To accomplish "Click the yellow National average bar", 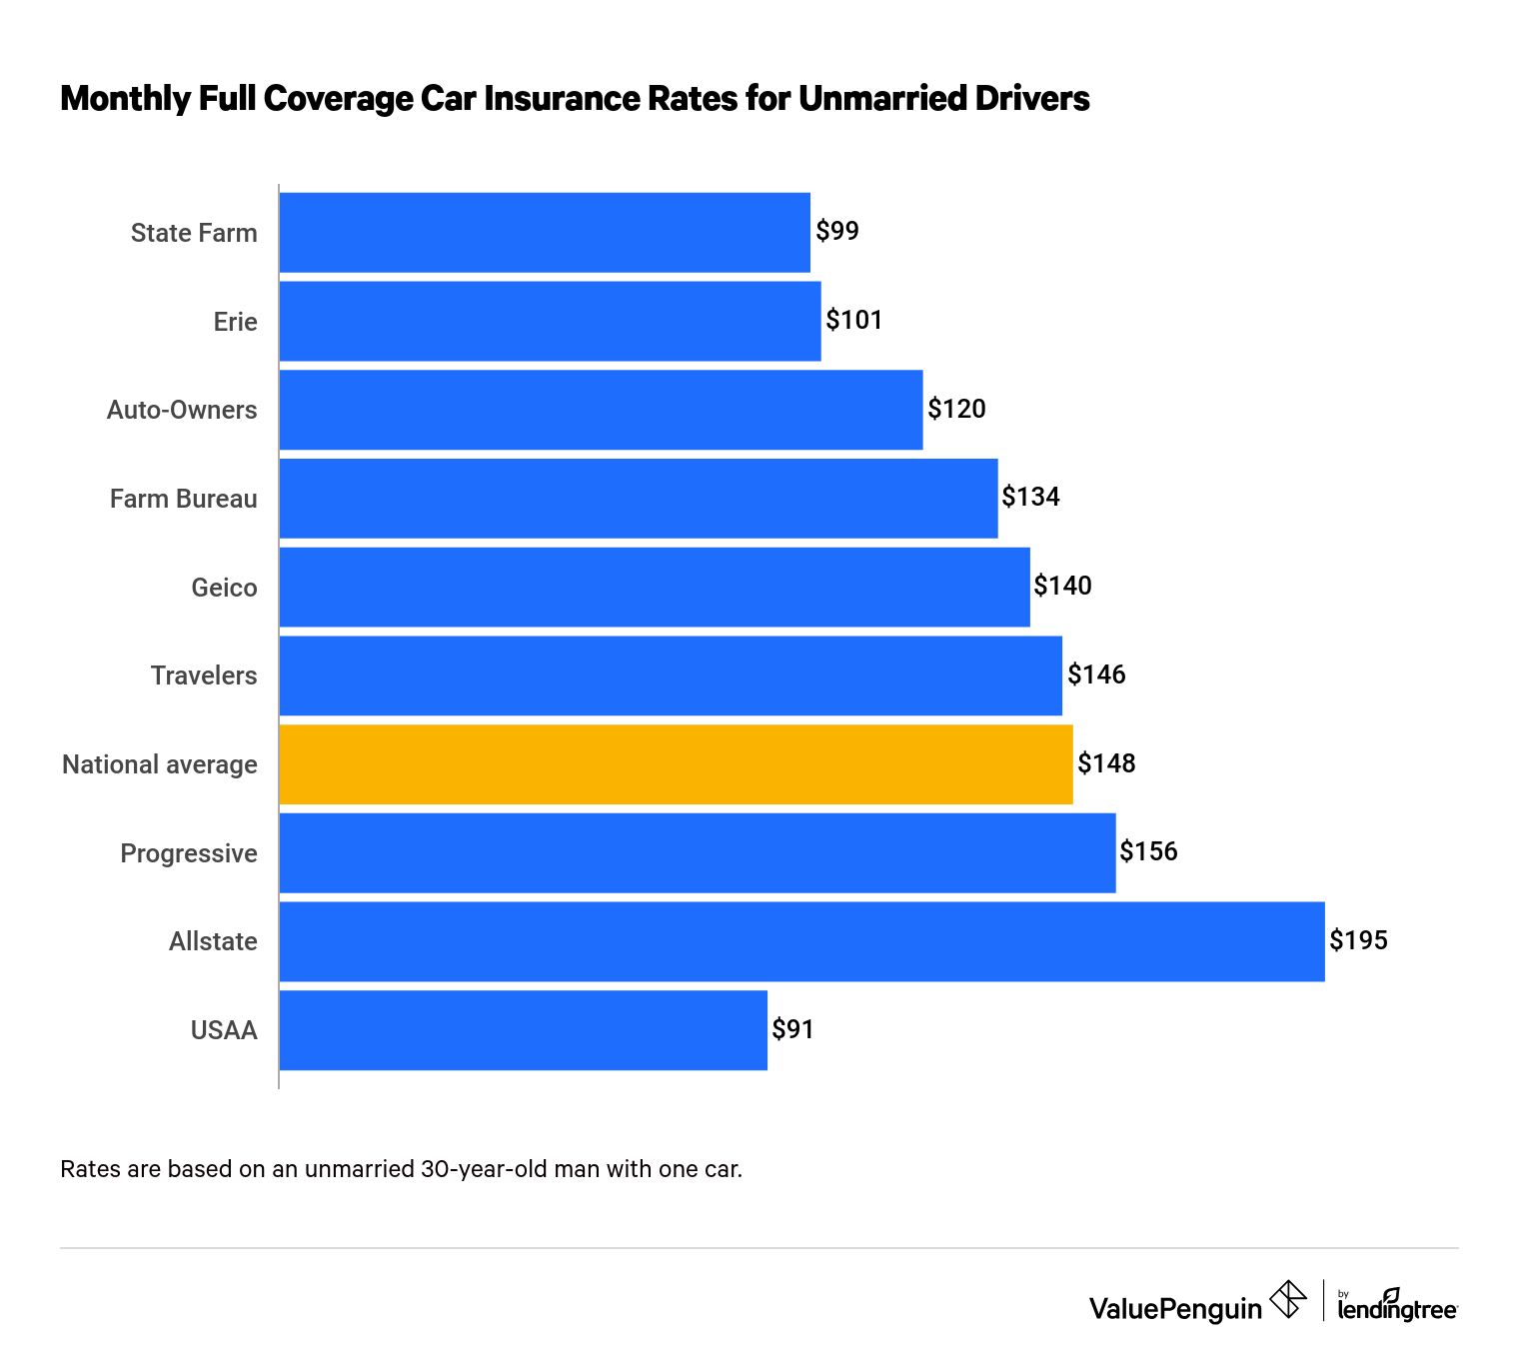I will [x=676, y=764].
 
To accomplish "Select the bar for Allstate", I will [x=801, y=941].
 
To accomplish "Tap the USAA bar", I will [x=523, y=1030].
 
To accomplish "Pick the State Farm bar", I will [x=545, y=232].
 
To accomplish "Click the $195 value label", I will [x=1358, y=940].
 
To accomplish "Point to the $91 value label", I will [x=792, y=1029].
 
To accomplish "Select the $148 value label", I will [x=1106, y=763].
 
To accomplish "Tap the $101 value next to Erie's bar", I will [x=853, y=320].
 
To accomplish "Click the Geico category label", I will [x=224, y=588].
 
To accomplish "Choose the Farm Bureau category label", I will [x=183, y=499].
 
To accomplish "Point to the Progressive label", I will [x=188, y=853].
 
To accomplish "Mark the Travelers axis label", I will [x=204, y=676].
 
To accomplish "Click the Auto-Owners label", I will [x=182, y=410].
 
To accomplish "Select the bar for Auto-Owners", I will [x=601, y=410].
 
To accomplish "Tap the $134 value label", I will [x=1030, y=497].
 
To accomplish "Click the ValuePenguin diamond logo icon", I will [x=1287, y=1300].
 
